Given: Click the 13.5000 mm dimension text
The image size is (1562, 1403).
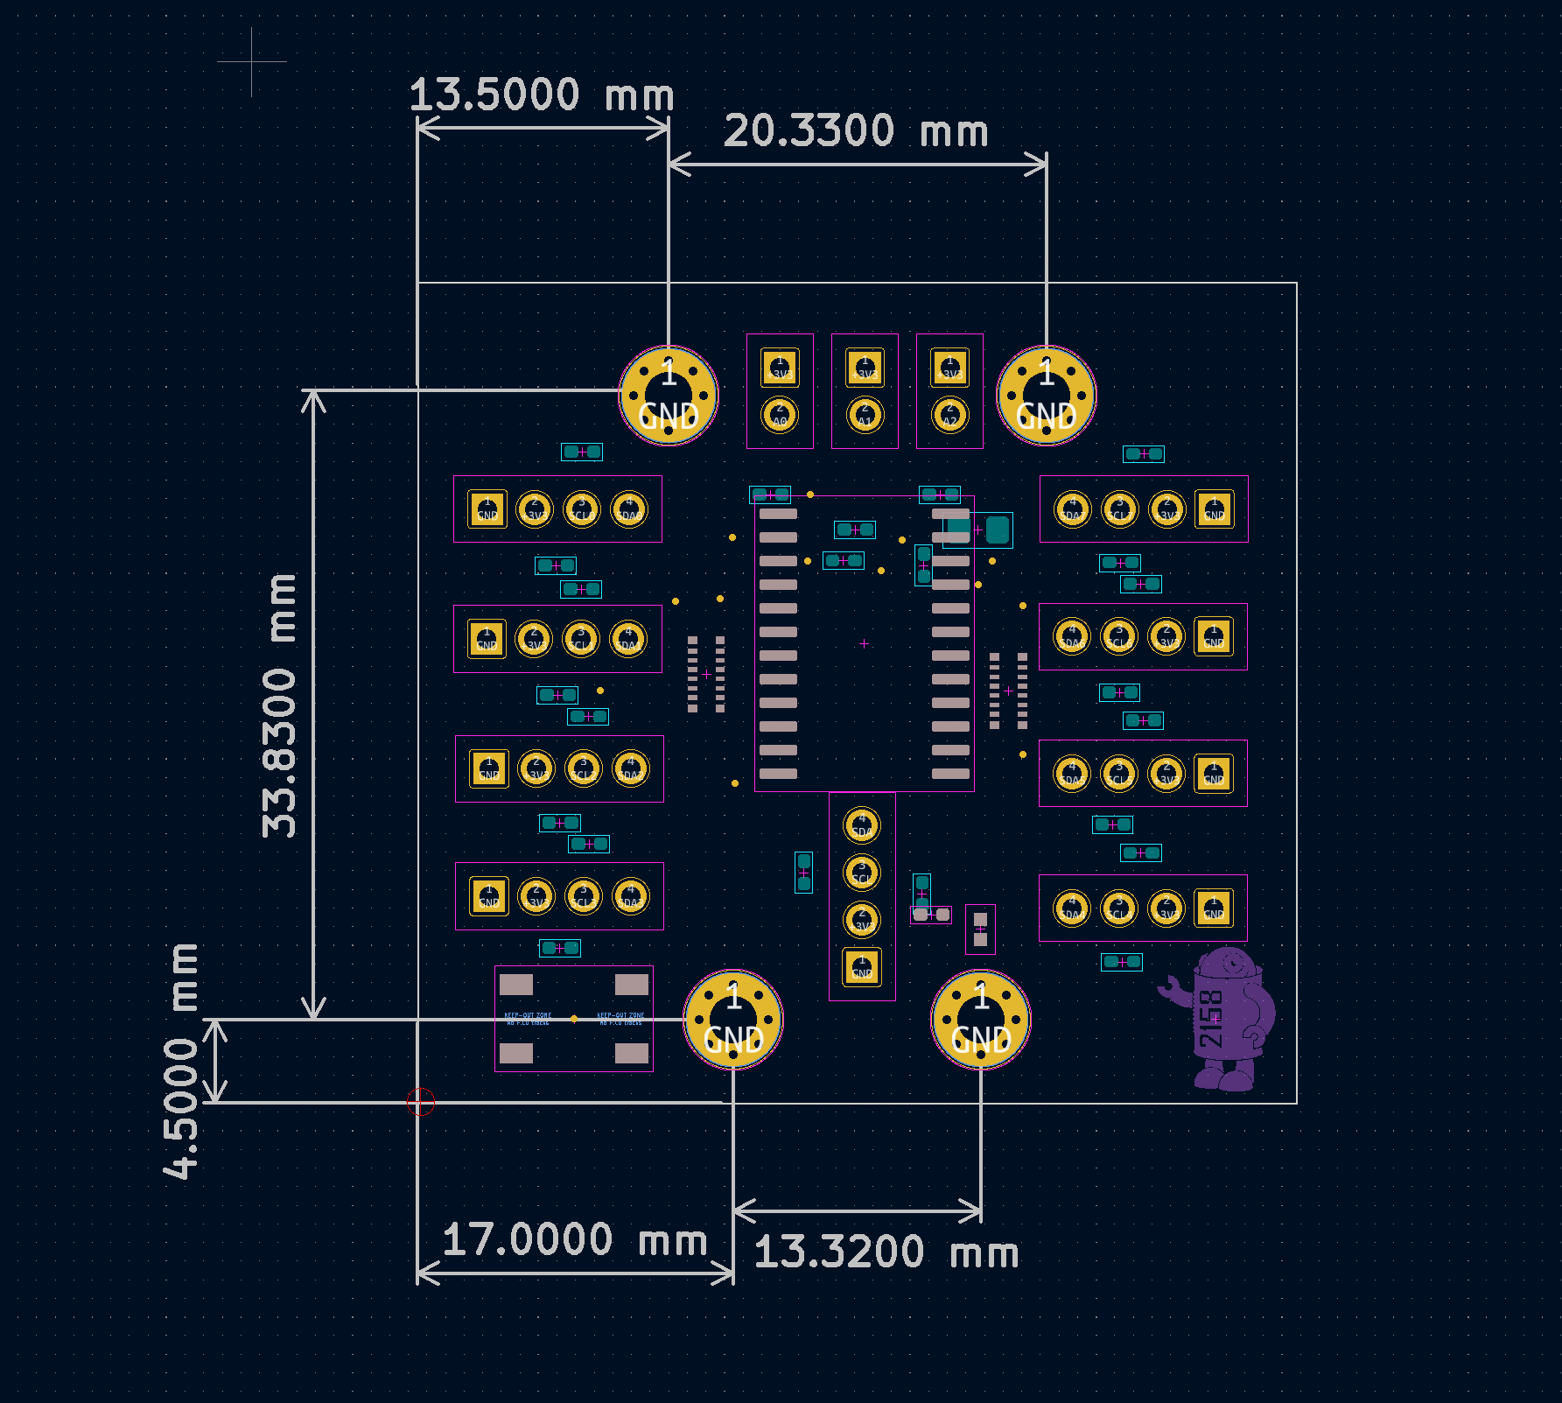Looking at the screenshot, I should (541, 95).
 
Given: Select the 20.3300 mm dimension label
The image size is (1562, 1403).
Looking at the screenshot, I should (855, 131).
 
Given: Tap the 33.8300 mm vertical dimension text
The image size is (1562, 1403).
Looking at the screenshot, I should (280, 705).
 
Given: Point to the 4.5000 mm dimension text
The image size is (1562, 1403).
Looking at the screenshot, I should (181, 1061).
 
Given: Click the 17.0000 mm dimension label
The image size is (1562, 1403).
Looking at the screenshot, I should (574, 1240).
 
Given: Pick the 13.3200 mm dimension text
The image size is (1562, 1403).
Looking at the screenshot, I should (886, 1252).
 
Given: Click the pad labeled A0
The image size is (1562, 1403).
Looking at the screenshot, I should (779, 415).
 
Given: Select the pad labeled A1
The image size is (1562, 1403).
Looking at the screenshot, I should (865, 415).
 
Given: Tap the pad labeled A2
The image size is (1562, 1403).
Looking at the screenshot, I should (949, 415).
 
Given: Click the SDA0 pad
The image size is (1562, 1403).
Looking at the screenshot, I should (628, 509).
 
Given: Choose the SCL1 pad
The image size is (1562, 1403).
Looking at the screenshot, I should (580, 639).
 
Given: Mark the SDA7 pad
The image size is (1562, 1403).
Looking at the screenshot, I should (1072, 509).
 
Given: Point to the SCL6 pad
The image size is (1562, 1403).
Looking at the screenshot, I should (1118, 637).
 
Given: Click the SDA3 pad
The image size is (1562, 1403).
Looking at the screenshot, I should (630, 896).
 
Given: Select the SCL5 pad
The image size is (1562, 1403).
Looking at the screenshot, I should (1118, 774).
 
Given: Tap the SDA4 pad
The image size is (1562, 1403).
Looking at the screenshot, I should (1072, 908).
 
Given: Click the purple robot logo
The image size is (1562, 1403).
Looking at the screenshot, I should (1225, 1020).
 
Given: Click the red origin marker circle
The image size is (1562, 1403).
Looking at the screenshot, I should (421, 1102).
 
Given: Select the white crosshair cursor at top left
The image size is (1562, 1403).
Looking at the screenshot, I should (252, 62).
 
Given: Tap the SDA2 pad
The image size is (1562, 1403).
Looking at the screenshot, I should (630, 769).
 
